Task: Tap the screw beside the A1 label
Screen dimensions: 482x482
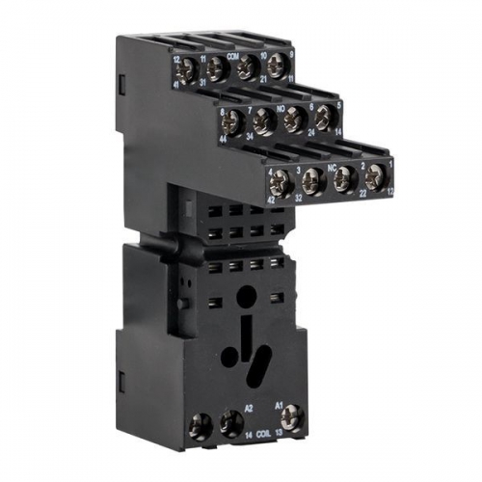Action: point(293,417)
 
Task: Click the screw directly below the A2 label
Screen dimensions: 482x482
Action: point(230,420)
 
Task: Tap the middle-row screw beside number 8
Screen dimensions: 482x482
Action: point(235,121)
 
